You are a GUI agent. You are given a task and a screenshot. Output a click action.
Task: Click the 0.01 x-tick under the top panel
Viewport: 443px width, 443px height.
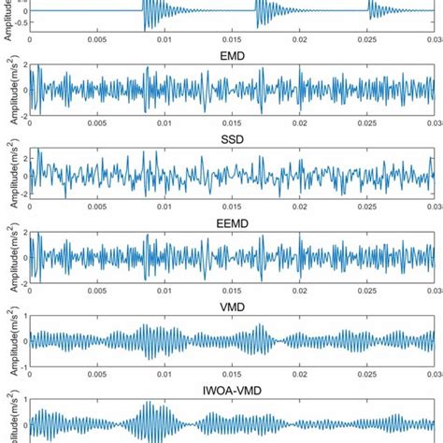click(164, 40)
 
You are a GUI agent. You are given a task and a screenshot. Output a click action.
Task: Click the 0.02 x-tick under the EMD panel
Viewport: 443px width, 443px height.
click(299, 124)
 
